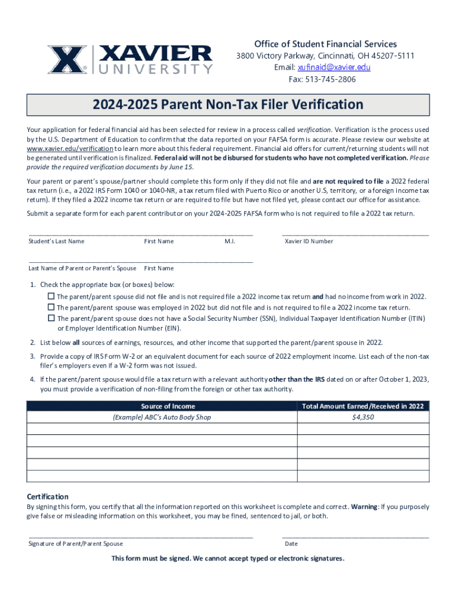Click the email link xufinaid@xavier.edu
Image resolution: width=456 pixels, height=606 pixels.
coord(334,67)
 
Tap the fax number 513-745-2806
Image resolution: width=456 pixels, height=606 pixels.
coord(332,79)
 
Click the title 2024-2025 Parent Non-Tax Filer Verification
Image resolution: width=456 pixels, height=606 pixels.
coord(228,105)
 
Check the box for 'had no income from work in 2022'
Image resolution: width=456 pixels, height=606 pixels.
coord(52,296)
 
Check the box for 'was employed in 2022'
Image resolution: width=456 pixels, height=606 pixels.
coord(52,308)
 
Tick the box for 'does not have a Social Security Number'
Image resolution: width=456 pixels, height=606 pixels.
coord(52,318)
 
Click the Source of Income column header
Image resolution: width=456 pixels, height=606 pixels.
coord(162,407)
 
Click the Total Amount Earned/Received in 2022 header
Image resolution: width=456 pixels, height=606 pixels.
coord(362,407)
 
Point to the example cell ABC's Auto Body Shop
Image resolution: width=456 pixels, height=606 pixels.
coord(162,417)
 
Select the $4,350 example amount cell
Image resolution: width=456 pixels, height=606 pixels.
coord(362,417)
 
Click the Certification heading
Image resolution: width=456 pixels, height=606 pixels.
coord(48,497)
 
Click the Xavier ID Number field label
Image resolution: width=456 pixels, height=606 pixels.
coord(309,241)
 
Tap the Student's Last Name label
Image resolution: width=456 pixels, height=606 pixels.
coord(56,241)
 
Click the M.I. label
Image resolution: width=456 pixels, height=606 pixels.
coord(230,241)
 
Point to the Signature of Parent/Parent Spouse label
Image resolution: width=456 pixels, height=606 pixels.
coord(76,544)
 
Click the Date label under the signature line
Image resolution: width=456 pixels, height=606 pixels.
coord(291,544)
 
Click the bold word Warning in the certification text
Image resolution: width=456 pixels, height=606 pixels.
coord(364,507)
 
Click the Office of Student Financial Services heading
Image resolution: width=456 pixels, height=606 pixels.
coord(326,44)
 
